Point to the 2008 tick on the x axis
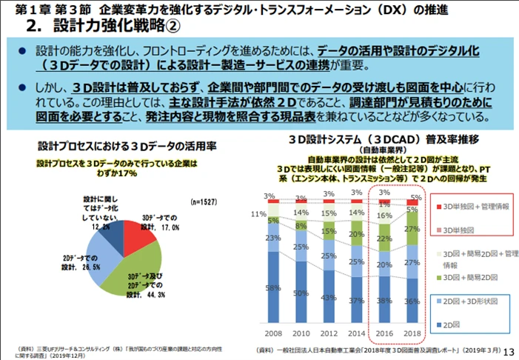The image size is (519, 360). tap(275, 334)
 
